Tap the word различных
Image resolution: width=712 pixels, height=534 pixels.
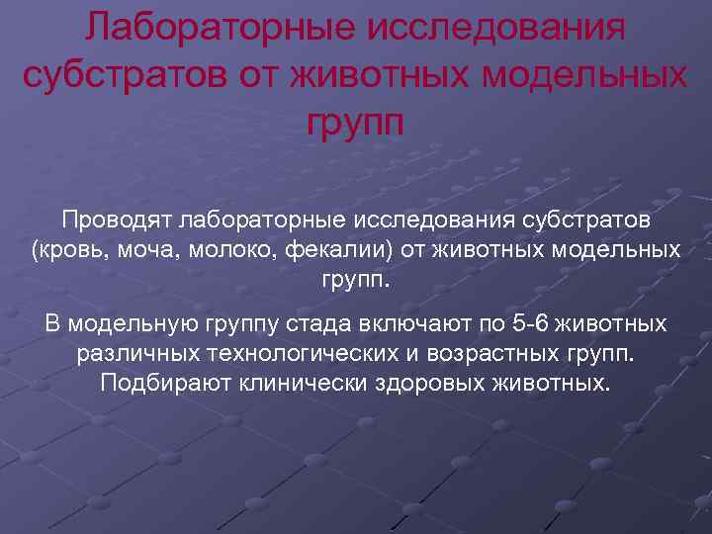pyautogui.click(x=144, y=353)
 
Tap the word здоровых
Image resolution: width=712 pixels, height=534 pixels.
pyautogui.click(x=428, y=383)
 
